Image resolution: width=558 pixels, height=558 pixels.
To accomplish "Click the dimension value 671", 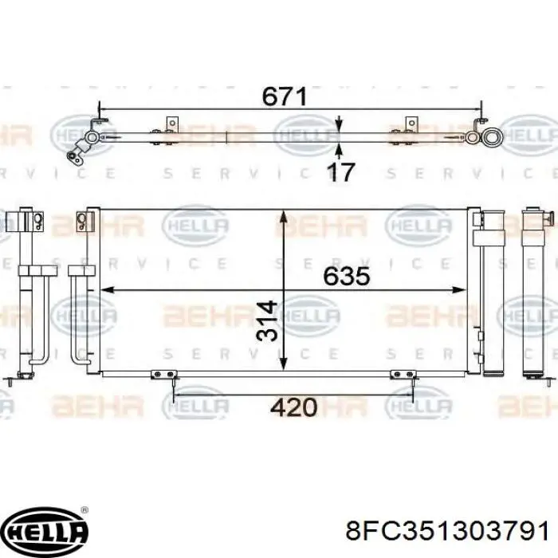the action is point(285,96).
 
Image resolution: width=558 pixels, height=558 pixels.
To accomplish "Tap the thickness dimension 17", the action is point(340,172).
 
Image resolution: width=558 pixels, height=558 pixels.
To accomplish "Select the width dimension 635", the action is point(347,277).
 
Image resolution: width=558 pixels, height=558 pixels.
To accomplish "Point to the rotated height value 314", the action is point(267,320).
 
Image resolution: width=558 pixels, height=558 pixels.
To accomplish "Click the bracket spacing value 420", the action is point(293,407).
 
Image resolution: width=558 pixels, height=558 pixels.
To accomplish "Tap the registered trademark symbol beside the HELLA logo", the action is point(84,509).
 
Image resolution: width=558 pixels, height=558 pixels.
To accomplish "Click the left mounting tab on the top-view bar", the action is point(172,124).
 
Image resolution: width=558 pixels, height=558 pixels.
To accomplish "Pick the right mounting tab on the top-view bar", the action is point(411,124).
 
